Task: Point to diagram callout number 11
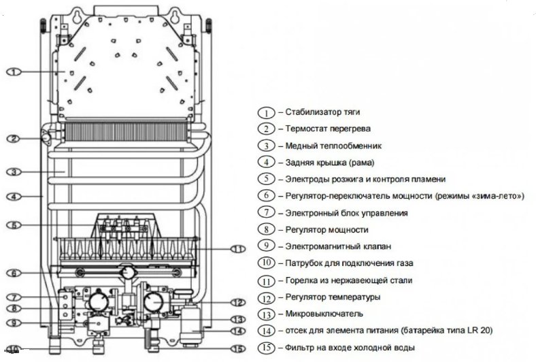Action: (236, 249)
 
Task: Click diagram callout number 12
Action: (236, 302)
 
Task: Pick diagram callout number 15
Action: (236, 350)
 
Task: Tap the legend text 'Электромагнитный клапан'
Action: (329, 246)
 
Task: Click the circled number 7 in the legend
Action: (267, 213)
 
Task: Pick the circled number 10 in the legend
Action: (267, 263)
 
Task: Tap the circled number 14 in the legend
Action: (267, 331)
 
